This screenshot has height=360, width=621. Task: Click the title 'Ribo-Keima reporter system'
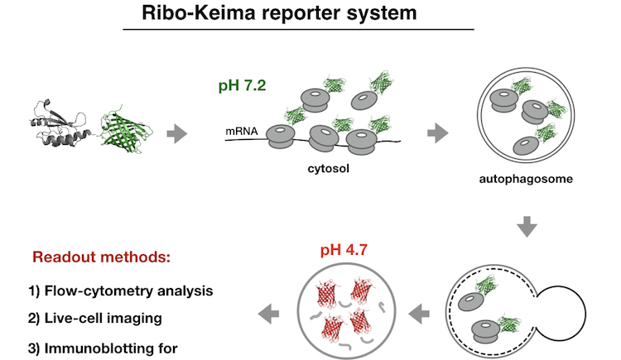[x=298, y=14]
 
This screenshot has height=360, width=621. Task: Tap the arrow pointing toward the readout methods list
[x=267, y=313]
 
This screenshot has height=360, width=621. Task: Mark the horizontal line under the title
[x=298, y=30]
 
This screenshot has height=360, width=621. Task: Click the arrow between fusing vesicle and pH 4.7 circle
[x=420, y=313]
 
